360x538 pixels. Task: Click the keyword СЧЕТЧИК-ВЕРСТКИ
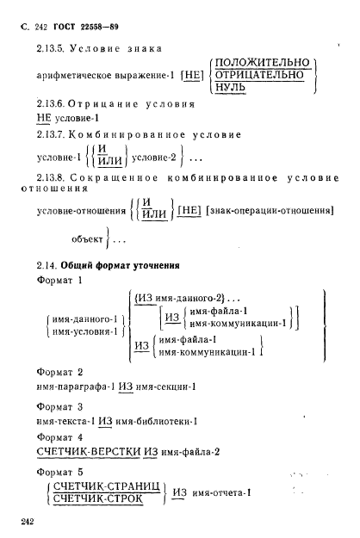coord(90,452)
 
